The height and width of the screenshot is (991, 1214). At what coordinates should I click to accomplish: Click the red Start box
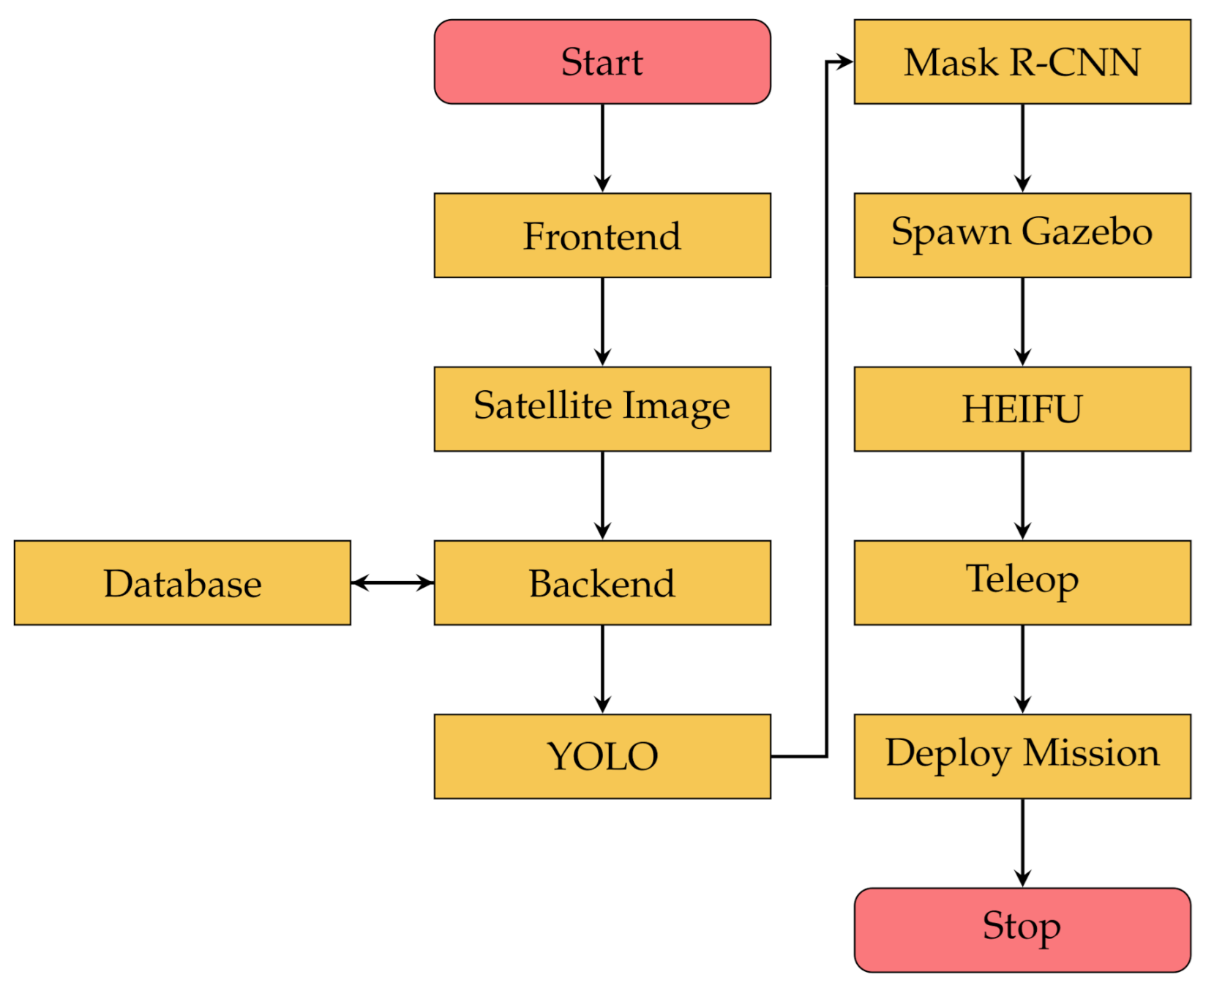(x=602, y=62)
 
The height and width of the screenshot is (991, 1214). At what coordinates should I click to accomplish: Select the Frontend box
(x=602, y=236)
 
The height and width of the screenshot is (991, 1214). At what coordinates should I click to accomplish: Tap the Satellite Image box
(x=602, y=409)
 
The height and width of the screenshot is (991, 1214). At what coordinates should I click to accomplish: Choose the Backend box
(x=602, y=583)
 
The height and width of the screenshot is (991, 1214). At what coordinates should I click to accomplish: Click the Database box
(x=182, y=583)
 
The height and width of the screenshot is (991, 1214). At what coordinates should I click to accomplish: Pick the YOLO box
(x=602, y=756)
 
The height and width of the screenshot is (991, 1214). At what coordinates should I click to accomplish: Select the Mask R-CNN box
(x=1022, y=62)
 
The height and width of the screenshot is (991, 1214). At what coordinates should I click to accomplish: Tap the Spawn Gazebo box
(x=1022, y=236)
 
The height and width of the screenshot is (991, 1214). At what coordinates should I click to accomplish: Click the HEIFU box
(x=1022, y=409)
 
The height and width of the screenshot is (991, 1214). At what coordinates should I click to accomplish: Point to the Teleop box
(x=1022, y=583)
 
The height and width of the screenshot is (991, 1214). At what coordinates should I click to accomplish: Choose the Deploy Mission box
(x=1022, y=756)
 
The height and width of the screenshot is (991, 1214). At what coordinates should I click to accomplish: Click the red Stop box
(x=1022, y=930)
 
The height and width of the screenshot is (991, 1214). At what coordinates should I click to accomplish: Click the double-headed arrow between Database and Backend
(x=392, y=583)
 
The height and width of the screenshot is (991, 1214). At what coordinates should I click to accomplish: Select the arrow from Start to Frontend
(x=602, y=149)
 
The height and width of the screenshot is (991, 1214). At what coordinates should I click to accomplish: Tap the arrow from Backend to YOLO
(x=602, y=669)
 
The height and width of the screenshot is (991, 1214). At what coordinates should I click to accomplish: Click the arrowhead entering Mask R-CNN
(x=845, y=62)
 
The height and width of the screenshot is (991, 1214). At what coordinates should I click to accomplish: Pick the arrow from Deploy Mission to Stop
(x=1022, y=842)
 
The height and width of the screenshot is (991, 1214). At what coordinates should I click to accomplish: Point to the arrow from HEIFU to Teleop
(x=1022, y=495)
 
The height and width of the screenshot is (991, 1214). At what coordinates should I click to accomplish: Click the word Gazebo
(x=1086, y=233)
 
